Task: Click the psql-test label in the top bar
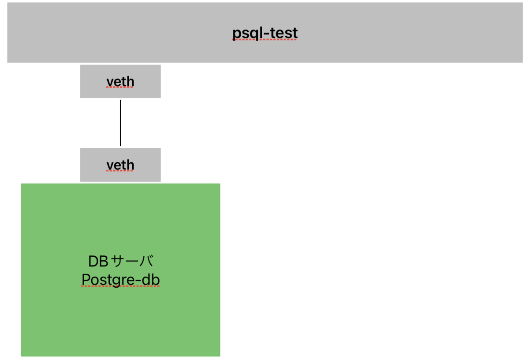click(265, 33)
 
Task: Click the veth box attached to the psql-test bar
click(120, 81)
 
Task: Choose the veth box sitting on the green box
click(120, 165)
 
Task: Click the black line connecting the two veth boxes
click(120, 123)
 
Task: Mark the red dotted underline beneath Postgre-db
click(120, 286)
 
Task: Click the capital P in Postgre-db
click(86, 280)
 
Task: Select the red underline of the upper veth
click(120, 87)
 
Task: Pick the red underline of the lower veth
click(120, 171)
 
